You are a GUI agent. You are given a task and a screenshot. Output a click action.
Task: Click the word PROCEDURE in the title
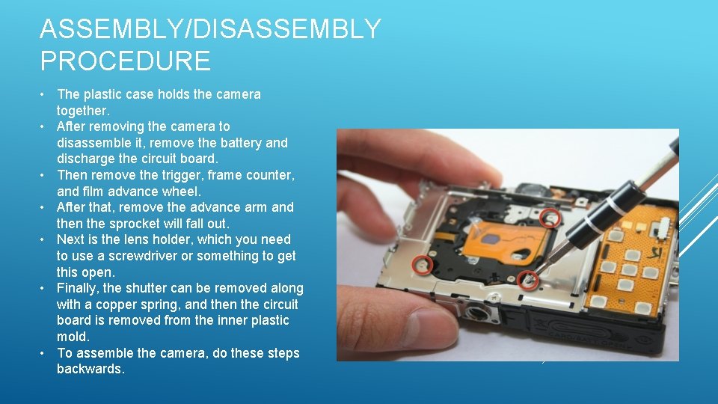tap(125, 60)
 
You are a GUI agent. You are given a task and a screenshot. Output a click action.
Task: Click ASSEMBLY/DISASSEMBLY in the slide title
tap(210, 29)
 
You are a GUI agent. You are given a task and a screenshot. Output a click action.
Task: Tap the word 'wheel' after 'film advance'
tap(182, 191)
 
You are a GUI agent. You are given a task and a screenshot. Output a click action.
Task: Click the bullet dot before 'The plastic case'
tap(45, 94)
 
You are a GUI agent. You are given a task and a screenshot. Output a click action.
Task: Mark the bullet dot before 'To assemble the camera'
tap(45, 353)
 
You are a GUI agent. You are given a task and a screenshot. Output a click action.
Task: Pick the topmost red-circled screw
tap(550, 218)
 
